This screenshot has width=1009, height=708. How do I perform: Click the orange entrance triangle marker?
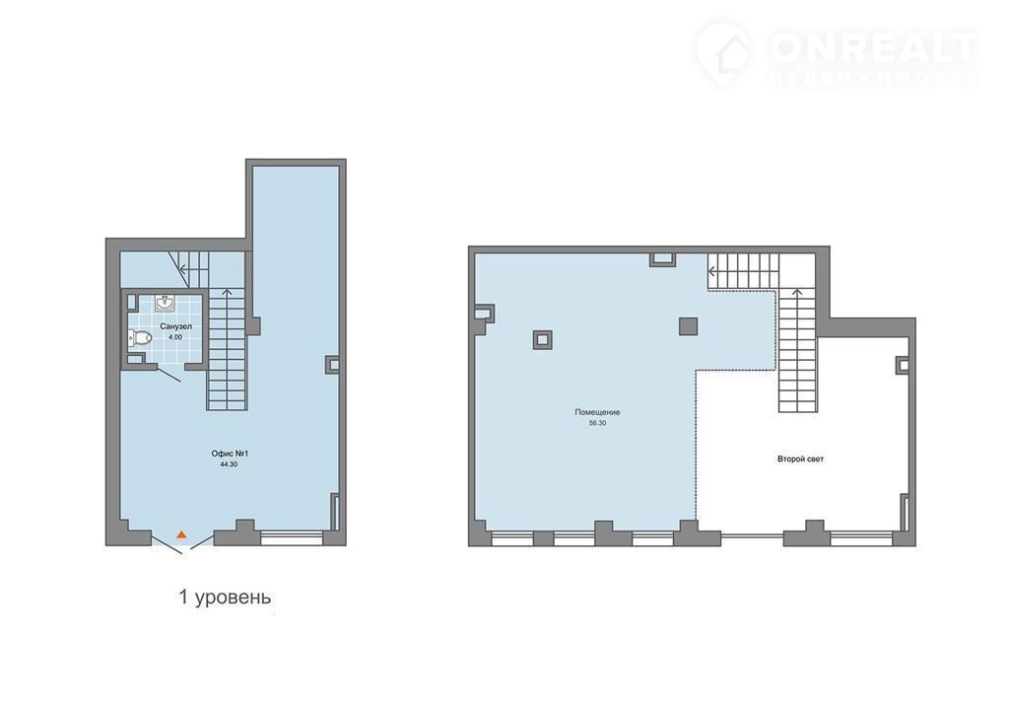[x=182, y=534]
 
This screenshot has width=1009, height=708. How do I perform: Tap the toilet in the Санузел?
[x=140, y=337]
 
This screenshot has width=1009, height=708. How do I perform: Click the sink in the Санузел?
[x=166, y=303]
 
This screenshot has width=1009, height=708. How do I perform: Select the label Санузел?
[x=175, y=326]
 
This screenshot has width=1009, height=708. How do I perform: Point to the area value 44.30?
[x=229, y=463]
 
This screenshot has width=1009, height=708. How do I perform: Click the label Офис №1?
[x=230, y=454]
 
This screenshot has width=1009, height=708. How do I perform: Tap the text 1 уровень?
[x=226, y=598]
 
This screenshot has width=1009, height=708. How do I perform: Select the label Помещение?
[x=598, y=412]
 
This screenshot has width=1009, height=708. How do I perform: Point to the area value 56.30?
[x=598, y=423]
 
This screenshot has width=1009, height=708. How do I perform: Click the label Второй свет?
[x=800, y=460]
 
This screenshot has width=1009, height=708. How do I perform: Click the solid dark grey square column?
[x=689, y=326]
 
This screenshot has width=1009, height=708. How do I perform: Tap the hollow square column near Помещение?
[x=543, y=339]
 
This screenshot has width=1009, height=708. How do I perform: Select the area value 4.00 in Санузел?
[x=175, y=337]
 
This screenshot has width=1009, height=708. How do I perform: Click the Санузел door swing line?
[x=168, y=375]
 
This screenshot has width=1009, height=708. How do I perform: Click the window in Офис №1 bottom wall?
[x=292, y=538]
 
